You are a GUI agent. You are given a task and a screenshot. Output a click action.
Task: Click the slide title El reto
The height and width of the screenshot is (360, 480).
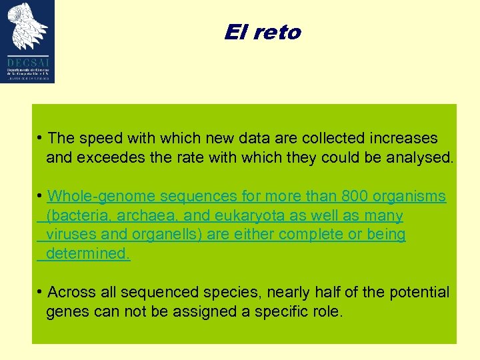click(263, 32)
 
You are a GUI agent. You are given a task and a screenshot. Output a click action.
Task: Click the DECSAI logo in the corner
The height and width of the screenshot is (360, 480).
click(27, 41)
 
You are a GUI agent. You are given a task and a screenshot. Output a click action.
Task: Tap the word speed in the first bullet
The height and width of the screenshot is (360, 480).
click(100, 138)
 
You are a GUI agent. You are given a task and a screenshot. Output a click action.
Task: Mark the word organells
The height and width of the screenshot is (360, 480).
click(169, 235)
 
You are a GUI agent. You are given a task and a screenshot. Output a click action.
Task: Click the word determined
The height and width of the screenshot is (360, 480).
click(88, 253)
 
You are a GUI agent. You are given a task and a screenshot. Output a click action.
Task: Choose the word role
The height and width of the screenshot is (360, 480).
click(327, 311)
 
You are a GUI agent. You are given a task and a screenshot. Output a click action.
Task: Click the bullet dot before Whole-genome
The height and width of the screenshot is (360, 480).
click(41, 196)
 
